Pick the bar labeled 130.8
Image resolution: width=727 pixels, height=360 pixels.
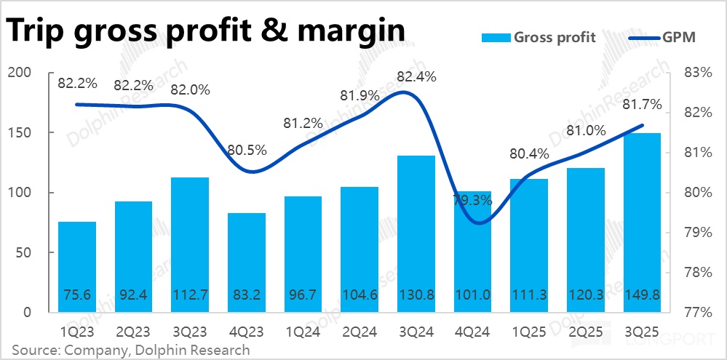pos(416,233)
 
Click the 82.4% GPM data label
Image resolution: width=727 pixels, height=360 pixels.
pos(416,76)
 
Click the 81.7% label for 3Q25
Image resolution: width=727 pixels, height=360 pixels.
pos(643,104)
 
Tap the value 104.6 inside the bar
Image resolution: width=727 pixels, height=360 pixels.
pos(359,297)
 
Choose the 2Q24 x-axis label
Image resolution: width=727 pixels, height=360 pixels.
pos(359,331)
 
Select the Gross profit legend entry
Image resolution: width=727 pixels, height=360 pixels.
pos(539,38)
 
